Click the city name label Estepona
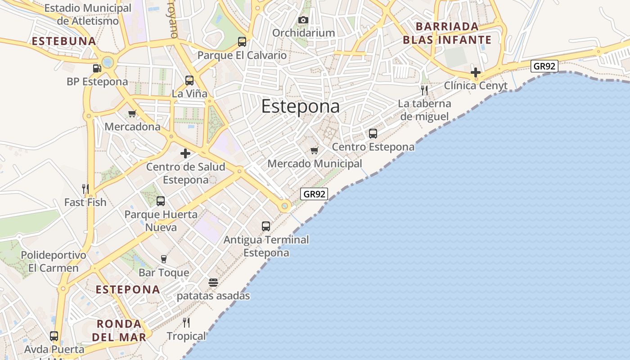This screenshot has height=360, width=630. click(300, 107)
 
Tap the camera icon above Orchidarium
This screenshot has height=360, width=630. click(303, 20)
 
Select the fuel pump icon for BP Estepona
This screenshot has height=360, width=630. click(97, 68)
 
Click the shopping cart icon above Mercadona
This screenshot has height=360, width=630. click(132, 113)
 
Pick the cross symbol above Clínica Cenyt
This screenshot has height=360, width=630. click(476, 72)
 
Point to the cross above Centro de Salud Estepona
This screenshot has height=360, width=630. click(185, 153)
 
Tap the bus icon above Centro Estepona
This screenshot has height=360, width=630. click(373, 133)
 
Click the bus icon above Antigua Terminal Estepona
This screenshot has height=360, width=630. click(266, 226)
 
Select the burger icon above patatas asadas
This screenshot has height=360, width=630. click(213, 283)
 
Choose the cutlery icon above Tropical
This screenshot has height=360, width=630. click(186, 322)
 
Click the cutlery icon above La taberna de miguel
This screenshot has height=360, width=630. click(424, 90)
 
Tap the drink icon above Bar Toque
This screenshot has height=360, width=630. click(164, 259)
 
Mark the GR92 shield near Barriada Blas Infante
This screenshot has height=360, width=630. click(544, 66)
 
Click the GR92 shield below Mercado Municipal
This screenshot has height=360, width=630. click(314, 194)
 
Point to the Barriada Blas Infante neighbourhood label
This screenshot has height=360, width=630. click(447, 33)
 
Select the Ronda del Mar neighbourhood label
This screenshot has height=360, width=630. click(119, 330)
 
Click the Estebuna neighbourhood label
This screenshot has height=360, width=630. click(64, 41)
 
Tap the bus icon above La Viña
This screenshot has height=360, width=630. click(189, 81)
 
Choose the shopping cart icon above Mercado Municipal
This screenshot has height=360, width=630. click(315, 150)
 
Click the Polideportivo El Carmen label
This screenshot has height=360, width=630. click(54, 261)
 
